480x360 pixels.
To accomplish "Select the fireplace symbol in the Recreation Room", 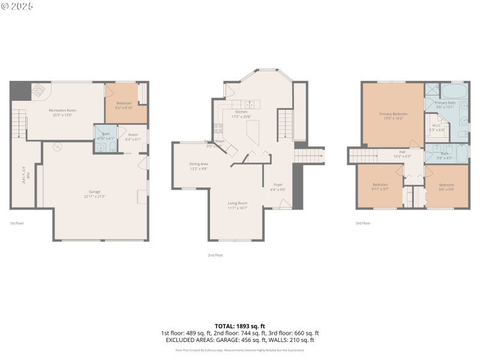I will point(38,90).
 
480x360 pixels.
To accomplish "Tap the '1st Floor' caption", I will point(16,223).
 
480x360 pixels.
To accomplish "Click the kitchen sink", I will point(248,104).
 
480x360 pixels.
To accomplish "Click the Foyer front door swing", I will point(285,204).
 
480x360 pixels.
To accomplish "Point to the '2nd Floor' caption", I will point(215,255).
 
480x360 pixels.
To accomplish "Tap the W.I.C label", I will point(437,126).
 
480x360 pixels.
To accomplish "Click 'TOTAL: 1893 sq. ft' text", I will point(239,326).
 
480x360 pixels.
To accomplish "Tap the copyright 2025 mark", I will point(17,6).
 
